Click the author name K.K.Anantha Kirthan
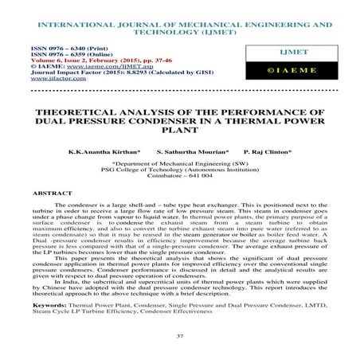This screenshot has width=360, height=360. tap(105, 151)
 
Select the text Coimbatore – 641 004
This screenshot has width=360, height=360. tap(180, 176)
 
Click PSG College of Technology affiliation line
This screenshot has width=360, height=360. tap(180, 169)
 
